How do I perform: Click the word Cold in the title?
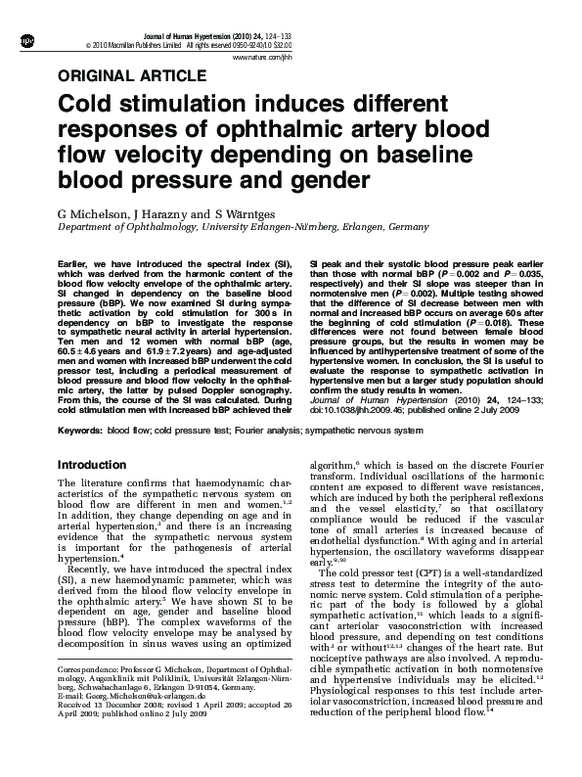point(90,105)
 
